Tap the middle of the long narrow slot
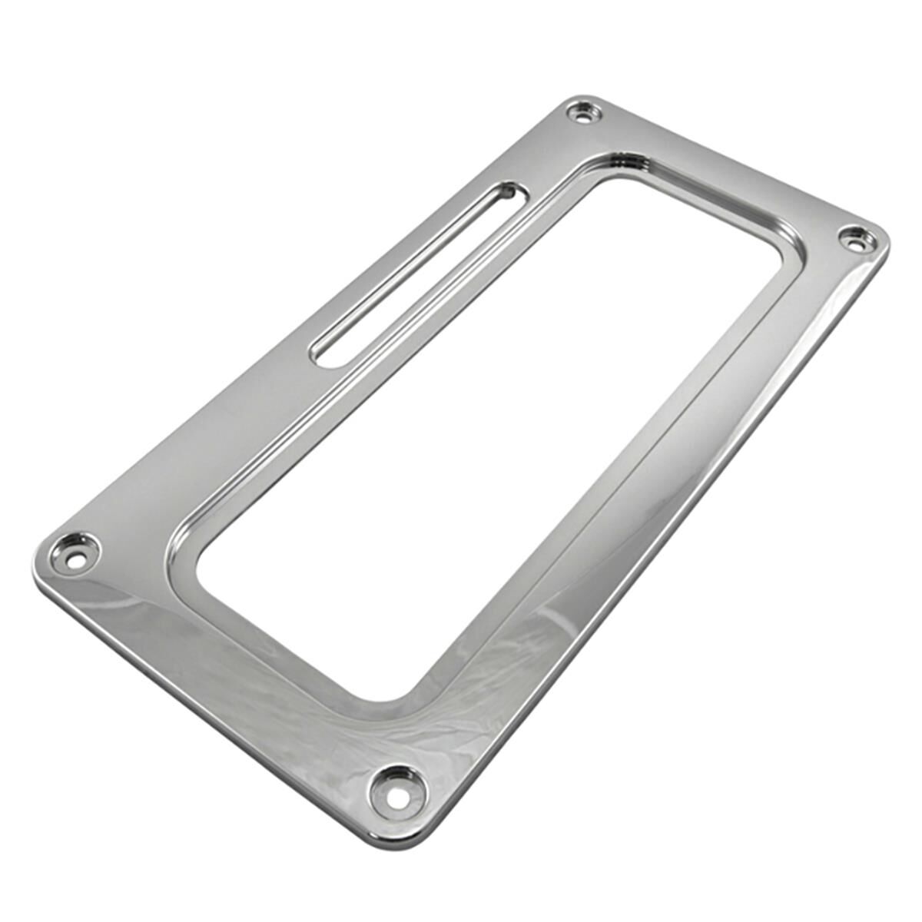coord(416,274)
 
